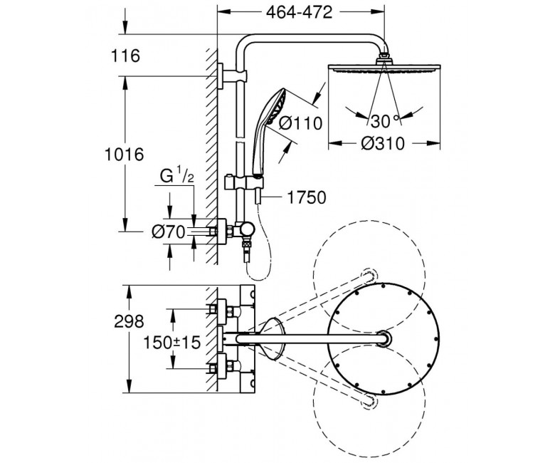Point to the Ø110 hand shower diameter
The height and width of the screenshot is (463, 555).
(300, 123)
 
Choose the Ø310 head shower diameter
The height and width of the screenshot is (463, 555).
(382, 143)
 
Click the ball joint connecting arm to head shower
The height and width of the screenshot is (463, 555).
(384, 57)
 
